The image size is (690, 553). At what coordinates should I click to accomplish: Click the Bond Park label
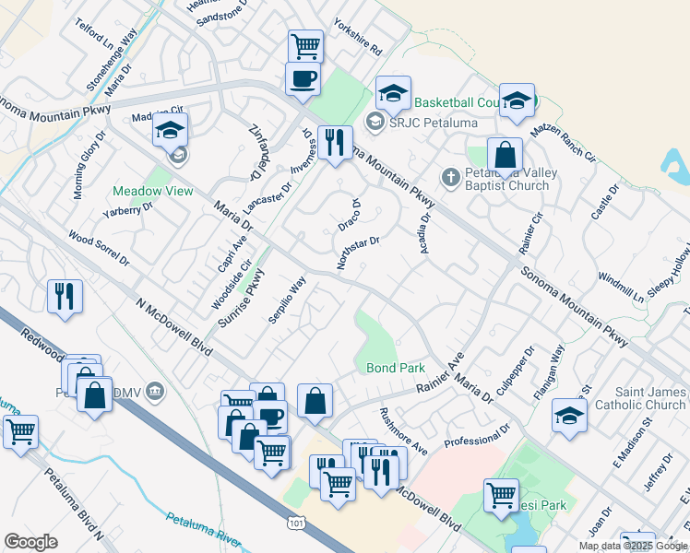(396, 368)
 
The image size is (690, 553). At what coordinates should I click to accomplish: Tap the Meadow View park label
(152, 191)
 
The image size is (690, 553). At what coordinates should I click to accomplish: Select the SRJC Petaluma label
(422, 122)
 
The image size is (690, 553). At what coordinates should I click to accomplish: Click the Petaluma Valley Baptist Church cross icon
(450, 177)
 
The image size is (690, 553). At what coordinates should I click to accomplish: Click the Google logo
(31, 542)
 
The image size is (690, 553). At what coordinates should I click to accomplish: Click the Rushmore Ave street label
(404, 431)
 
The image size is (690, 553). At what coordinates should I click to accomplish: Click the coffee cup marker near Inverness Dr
(303, 79)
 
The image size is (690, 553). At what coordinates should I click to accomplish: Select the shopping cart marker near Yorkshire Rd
(305, 45)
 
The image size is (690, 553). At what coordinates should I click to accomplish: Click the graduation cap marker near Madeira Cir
(171, 131)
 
